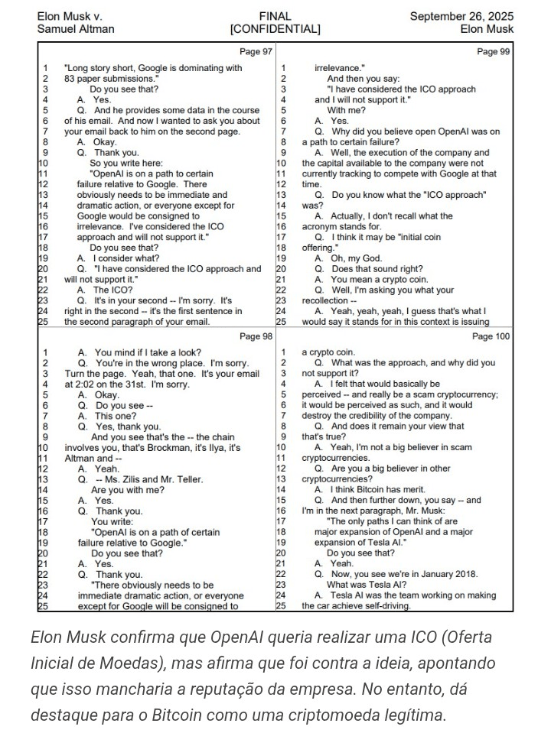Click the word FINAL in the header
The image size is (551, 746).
tap(275, 16)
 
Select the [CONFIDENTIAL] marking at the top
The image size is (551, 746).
tap(275, 29)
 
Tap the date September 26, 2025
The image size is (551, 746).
tap(461, 16)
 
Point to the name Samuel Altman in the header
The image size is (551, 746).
tap(76, 29)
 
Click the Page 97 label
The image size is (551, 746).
tap(256, 52)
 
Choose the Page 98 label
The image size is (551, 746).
tap(256, 336)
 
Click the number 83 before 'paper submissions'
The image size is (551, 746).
tap(70, 79)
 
